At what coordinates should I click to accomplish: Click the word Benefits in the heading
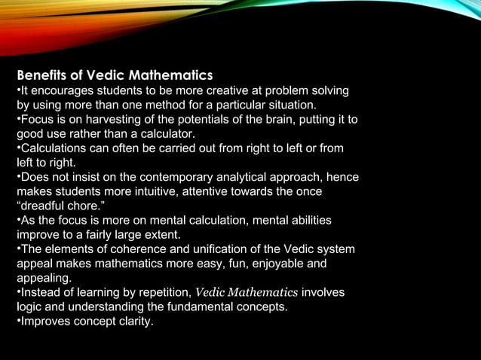point(41,76)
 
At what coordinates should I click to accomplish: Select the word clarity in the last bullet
point(133,322)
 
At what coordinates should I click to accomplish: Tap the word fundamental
point(204,307)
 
